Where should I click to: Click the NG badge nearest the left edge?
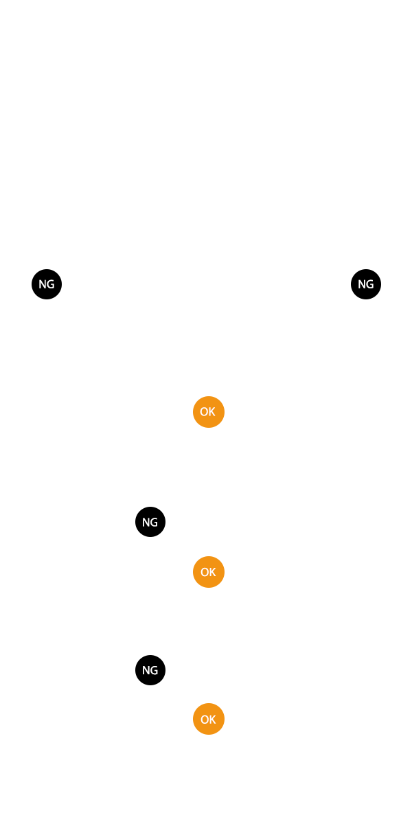tap(47, 284)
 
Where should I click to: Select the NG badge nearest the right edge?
tap(366, 284)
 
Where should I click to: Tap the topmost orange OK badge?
tap(208, 412)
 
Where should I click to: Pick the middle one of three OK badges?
tap(208, 572)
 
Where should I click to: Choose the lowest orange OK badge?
tap(208, 719)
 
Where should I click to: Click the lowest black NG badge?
tap(150, 670)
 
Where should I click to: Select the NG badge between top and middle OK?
tap(150, 522)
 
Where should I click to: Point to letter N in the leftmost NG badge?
tap(43, 284)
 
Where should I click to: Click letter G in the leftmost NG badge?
tap(51, 284)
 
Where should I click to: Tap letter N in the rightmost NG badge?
tap(362, 284)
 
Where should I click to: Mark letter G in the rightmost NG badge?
tap(370, 284)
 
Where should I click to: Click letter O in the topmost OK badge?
tap(204, 412)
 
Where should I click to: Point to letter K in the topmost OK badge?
tap(212, 412)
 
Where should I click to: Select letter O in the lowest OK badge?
tap(204, 719)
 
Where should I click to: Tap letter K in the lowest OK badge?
tap(212, 719)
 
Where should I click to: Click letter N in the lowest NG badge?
tap(146, 670)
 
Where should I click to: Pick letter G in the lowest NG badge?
tap(154, 670)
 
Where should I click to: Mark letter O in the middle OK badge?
tap(204, 572)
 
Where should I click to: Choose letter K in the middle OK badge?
tap(212, 572)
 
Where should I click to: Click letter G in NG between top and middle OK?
tap(154, 522)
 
